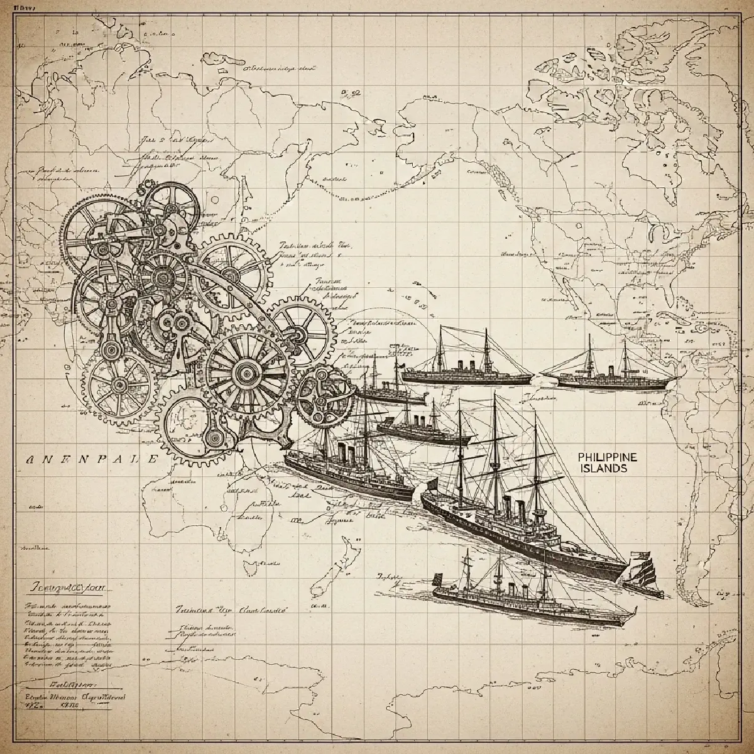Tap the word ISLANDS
tap(605, 469)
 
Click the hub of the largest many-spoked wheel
tap(246, 374)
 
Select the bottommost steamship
tap(528, 600)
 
